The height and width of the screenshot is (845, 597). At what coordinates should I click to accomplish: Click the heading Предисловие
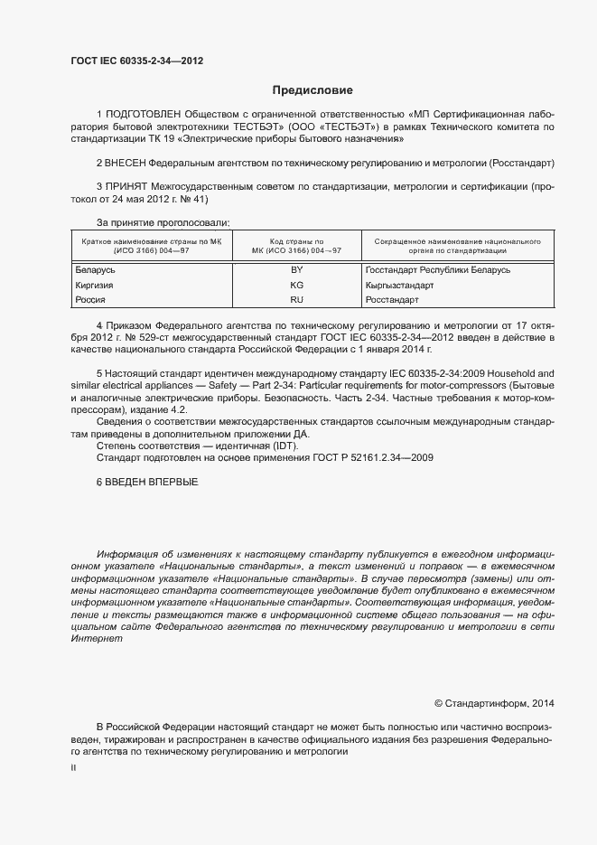click(312, 90)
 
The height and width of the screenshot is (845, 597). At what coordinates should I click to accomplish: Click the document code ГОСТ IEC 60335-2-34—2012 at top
click(136, 61)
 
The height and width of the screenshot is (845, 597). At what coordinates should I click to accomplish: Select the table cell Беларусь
click(95, 270)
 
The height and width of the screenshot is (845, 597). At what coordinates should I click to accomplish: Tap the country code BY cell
click(296, 270)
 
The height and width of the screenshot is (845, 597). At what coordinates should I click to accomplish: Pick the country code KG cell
click(296, 285)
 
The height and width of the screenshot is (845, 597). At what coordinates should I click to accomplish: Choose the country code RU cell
click(296, 299)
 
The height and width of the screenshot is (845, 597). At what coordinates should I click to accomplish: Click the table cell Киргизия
click(95, 285)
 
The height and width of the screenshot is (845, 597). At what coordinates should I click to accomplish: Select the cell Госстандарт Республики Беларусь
click(437, 270)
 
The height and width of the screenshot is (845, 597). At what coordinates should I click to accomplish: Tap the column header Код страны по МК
click(296, 246)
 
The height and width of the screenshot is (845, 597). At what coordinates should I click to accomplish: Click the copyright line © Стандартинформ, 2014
click(495, 703)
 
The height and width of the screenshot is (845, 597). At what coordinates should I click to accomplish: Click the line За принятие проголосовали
click(163, 222)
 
